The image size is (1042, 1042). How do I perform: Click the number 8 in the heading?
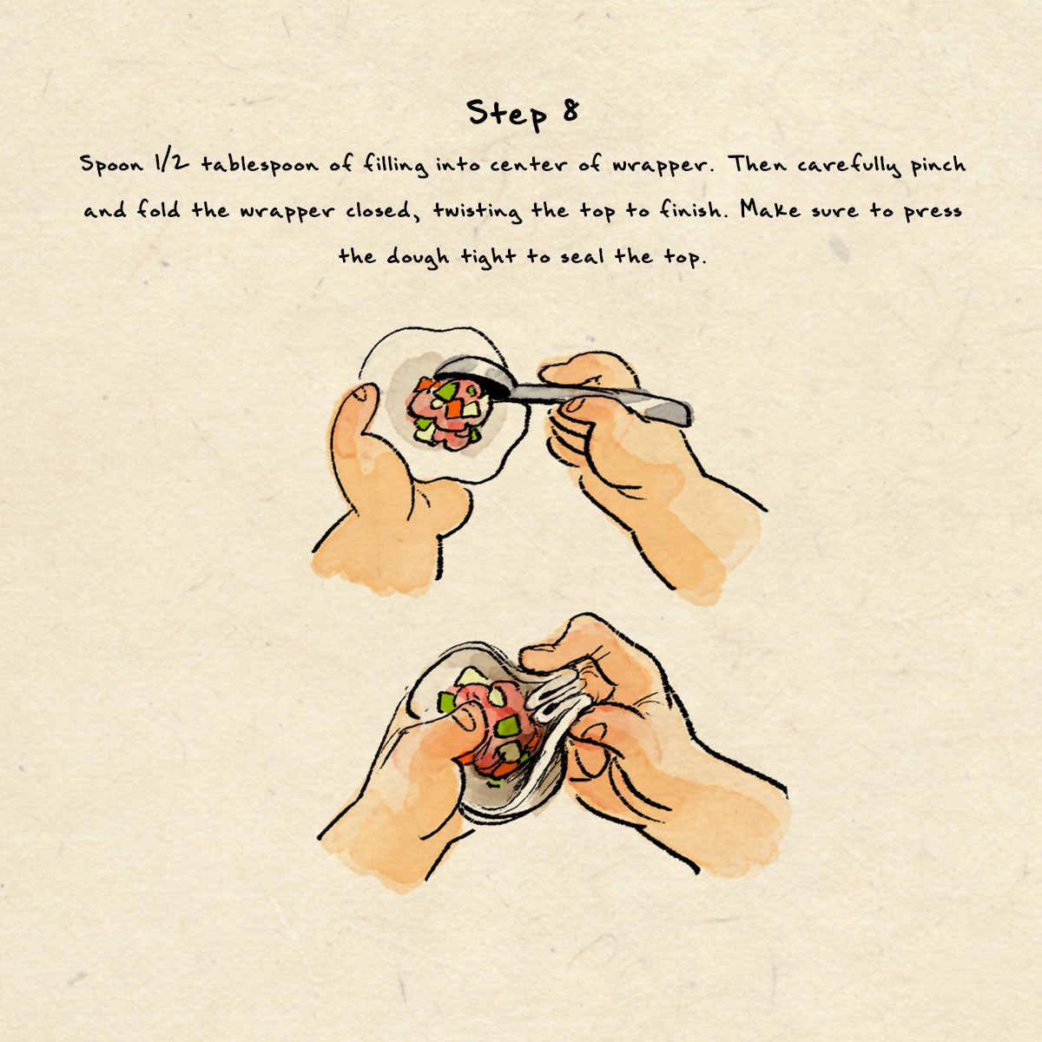(570, 111)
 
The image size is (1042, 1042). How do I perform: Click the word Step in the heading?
(506, 114)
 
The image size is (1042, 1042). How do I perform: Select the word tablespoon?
(260, 163)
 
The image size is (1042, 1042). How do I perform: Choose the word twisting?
(478, 211)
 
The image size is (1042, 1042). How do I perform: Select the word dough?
(418, 257)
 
